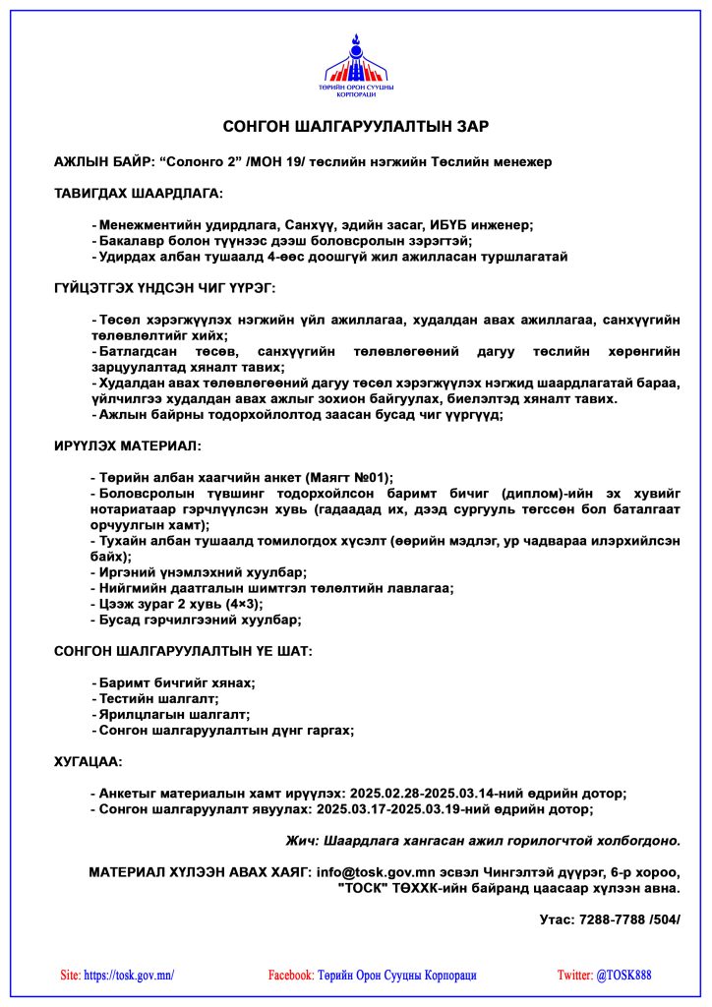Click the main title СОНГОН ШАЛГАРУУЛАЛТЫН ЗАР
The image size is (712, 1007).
[356, 127]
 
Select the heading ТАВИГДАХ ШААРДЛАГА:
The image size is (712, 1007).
[139, 193]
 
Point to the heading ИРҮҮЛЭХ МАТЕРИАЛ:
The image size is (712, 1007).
[128, 445]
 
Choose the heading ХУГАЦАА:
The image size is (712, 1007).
[89, 761]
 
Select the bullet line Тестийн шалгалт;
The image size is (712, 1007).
[158, 698]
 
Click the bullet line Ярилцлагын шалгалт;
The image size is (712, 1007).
[173, 714]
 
